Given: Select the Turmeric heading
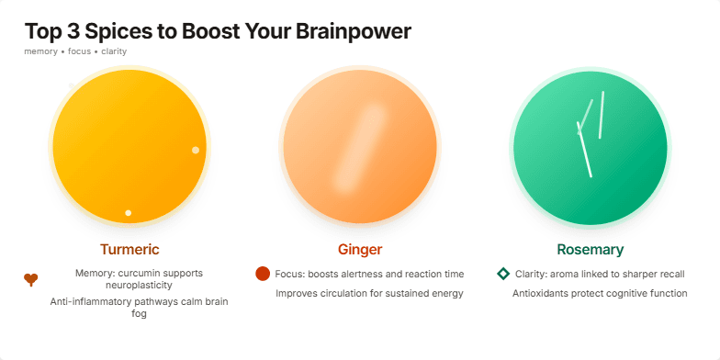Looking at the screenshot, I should (x=129, y=250).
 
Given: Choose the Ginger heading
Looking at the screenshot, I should (x=360, y=250).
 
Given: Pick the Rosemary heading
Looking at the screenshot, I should (x=590, y=250).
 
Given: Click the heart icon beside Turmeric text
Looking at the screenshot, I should (x=31, y=280).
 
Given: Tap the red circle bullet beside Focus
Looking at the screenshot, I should (x=263, y=274).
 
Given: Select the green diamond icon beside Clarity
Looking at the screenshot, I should (x=503, y=274).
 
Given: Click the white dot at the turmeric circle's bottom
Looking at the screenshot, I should (x=129, y=213).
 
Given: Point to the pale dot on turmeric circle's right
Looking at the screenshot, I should (x=196, y=150).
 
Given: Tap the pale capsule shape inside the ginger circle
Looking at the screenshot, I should (x=360, y=146).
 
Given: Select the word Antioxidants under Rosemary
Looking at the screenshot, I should (x=543, y=294).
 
